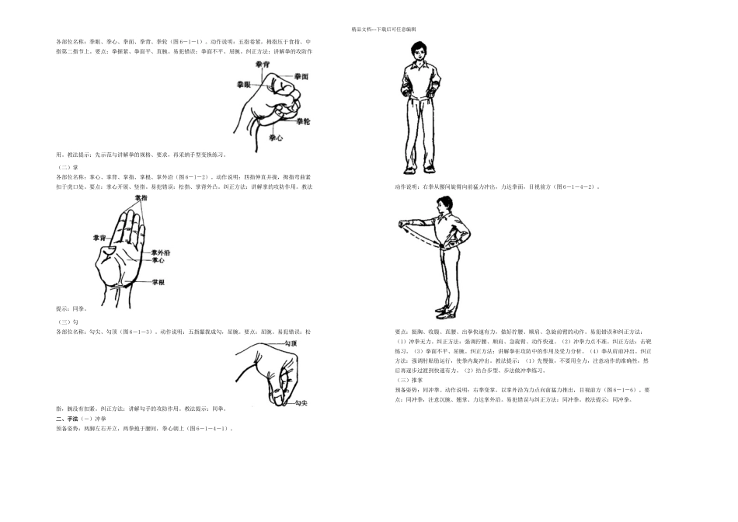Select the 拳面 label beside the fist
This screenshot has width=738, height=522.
point(301,77)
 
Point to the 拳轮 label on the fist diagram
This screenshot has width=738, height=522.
point(305,121)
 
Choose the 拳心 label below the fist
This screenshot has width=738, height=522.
point(275,137)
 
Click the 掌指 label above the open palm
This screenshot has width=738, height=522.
point(141,199)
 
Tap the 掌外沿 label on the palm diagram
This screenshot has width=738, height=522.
point(161,252)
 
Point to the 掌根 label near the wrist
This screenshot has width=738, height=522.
point(158,282)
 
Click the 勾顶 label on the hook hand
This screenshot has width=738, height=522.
point(290,342)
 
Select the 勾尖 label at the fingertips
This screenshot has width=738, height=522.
point(299,402)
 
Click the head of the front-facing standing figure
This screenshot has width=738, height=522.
point(419,54)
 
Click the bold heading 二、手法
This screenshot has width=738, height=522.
point(68,418)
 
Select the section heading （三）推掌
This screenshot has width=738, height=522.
point(409,380)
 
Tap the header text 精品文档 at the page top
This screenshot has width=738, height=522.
point(363,29)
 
